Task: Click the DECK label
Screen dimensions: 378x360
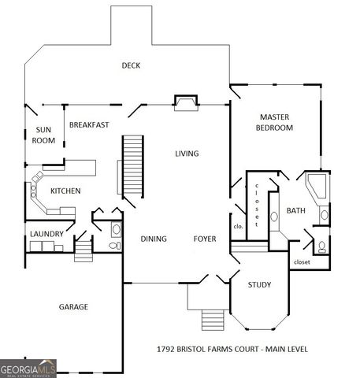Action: coord(131,65)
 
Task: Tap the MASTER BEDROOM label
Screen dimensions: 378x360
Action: coord(276,122)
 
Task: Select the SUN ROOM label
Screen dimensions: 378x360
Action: coord(43,135)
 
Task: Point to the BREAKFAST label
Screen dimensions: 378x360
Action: coord(89,124)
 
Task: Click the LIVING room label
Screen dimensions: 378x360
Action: coord(187,154)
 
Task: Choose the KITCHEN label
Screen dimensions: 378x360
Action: coord(65,191)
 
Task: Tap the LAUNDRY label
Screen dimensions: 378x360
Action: coord(46,234)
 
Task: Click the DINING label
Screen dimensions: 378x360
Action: coord(154,239)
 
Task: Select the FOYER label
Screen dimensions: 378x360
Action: coord(206,239)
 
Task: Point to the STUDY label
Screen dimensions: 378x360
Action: coord(259,284)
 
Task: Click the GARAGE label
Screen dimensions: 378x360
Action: coord(73,306)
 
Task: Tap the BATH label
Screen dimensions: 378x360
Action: coord(295,210)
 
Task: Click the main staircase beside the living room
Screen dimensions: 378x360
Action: coord(133,166)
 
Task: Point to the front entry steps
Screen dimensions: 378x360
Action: coord(213,319)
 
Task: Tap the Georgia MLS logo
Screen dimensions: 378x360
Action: coord(28,368)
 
